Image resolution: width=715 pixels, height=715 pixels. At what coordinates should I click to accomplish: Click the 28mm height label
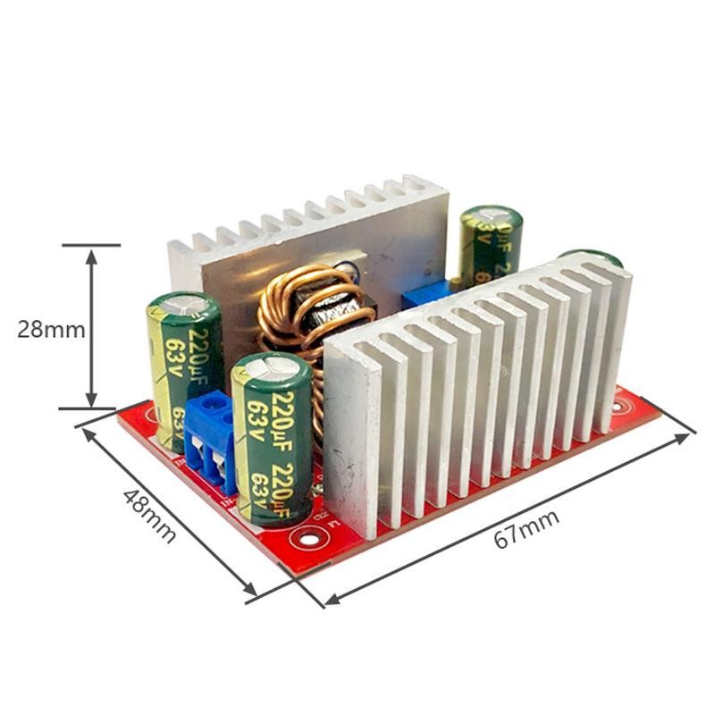pyautogui.click(x=51, y=329)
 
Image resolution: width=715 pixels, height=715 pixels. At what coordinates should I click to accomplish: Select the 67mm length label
pyautogui.click(x=528, y=529)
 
